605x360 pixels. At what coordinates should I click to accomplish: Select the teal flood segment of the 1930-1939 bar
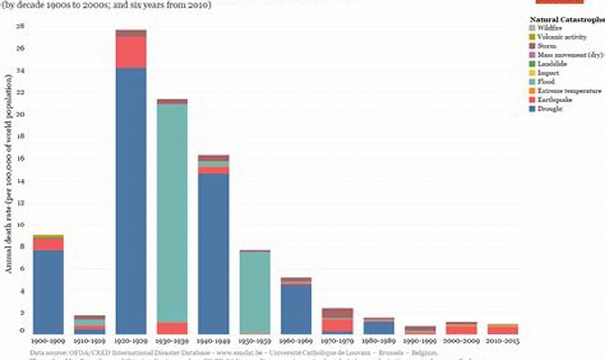[x=172, y=213]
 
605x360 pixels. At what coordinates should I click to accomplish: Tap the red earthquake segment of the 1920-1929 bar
[x=131, y=52]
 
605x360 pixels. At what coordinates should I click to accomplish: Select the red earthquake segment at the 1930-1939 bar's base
[x=172, y=328]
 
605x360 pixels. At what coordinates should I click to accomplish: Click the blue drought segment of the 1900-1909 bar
[x=48, y=292]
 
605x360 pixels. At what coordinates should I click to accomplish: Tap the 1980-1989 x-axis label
[x=379, y=341]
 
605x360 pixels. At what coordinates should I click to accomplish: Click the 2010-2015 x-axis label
[x=502, y=341]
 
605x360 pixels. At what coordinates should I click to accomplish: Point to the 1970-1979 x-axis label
[x=337, y=341]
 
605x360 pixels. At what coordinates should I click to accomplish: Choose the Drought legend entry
[x=550, y=109]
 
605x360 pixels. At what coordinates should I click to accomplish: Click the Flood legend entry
[x=546, y=82]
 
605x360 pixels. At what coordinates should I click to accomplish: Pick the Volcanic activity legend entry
[x=561, y=37]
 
